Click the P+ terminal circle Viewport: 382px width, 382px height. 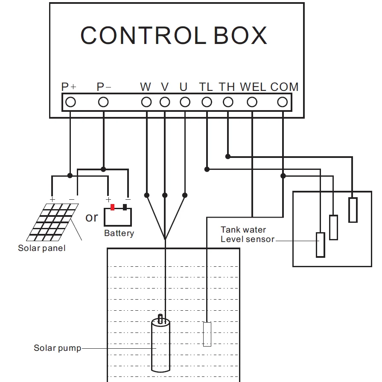pos(70,102)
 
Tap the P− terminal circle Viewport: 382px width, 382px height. pos(103,102)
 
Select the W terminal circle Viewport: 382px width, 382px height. pos(146,102)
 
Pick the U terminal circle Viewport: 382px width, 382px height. pos(185,102)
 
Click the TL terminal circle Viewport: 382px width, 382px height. pos(207,102)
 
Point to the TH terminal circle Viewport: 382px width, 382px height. pos(228,102)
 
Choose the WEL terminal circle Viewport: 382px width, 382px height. pos(252,102)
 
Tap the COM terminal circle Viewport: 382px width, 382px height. pos(283,102)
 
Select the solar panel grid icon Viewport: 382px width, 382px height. pos(53,222)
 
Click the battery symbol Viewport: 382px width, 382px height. pos(118,217)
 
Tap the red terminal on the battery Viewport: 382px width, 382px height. pos(113,207)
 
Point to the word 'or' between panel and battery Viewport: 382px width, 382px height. pos(91,217)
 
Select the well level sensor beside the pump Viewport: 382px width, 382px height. pos(207,334)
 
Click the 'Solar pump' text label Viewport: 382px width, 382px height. pos(57,348)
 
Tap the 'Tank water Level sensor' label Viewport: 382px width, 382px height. pos(247,235)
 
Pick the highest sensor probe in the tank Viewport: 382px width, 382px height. pos(353,210)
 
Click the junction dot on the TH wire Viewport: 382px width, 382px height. pos(228,157)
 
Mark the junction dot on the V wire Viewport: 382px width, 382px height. pos(165,195)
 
